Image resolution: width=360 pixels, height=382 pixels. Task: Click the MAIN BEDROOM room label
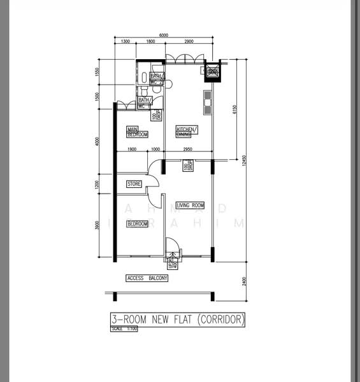click(137, 132)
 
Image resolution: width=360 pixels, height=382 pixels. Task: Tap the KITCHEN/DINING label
click(187, 132)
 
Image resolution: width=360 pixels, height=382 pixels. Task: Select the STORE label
click(134, 184)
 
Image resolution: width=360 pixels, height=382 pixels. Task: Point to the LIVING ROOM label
click(190, 205)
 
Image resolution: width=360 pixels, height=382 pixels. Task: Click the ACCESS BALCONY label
click(147, 278)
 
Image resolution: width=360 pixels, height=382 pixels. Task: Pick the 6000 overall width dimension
click(164, 35)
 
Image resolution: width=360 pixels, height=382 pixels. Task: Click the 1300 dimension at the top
click(125, 41)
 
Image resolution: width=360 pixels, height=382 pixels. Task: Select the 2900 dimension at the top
click(189, 41)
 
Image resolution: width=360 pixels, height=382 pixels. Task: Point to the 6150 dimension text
click(234, 111)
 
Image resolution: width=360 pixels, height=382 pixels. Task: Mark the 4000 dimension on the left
click(97, 141)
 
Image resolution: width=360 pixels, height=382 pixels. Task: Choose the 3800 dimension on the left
click(97, 225)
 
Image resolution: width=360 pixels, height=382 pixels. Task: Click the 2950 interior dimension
click(188, 150)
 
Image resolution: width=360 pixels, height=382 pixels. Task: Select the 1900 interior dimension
click(132, 150)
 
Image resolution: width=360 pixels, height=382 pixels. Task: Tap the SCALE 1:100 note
click(124, 329)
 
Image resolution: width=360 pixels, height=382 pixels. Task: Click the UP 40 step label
click(171, 262)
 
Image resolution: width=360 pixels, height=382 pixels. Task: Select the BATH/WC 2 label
click(145, 103)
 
